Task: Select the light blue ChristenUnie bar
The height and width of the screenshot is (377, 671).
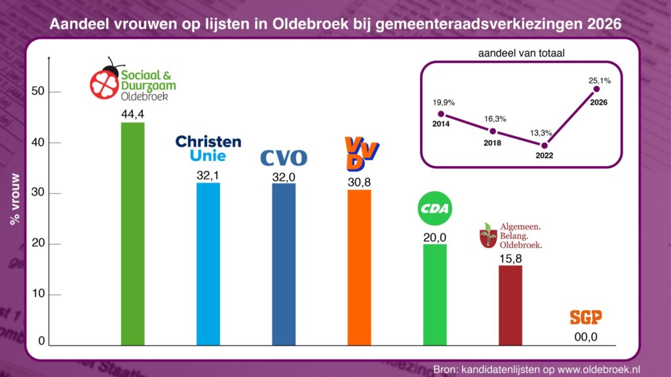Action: pos(208,264)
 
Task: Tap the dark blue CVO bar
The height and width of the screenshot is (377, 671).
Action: pos(284,264)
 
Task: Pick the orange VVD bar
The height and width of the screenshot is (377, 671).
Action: pos(359,267)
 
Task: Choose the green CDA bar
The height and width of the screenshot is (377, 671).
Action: pos(434,295)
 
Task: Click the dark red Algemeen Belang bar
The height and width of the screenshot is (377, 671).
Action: pos(510,305)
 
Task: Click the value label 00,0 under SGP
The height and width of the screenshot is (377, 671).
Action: pos(585,338)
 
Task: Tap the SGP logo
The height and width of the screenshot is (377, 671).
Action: pos(585,317)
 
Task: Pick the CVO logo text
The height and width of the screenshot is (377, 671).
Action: pos(284,158)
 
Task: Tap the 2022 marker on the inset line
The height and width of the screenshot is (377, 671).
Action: pos(544,145)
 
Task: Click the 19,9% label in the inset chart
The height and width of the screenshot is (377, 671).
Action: pos(443,102)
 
